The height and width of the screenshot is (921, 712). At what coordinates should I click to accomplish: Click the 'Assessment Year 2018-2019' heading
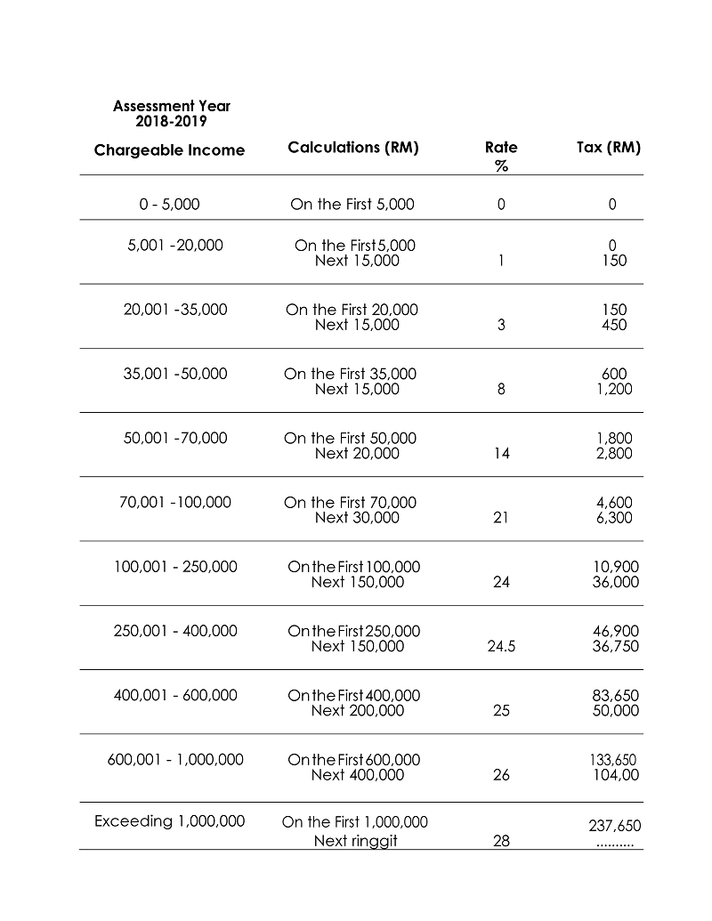172,113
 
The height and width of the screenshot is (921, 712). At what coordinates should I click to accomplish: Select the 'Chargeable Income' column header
169,150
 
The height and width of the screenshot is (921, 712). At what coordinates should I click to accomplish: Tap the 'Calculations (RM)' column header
353,148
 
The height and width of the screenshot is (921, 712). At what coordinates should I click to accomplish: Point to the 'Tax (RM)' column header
609,148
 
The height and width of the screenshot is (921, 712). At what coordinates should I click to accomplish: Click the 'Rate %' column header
501,156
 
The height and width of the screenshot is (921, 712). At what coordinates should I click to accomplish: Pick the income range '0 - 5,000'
169,205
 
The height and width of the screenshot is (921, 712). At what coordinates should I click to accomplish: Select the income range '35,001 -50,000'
175,374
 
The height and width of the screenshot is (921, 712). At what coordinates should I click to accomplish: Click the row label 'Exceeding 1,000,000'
169,820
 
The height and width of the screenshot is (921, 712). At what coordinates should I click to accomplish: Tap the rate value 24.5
501,647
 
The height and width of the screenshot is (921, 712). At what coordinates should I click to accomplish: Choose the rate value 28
501,841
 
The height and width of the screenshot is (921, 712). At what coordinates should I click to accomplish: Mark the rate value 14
501,454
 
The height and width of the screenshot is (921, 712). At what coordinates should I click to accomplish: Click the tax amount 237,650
614,827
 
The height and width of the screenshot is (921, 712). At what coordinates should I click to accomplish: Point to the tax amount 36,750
615,647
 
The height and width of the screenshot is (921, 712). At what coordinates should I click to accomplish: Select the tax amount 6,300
614,518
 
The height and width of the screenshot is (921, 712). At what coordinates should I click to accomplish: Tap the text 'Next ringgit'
355,841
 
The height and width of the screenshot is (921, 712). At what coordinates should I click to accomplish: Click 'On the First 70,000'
350,503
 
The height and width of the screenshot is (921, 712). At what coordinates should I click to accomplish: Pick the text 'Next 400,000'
357,775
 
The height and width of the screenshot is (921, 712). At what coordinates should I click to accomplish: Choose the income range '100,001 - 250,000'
175,567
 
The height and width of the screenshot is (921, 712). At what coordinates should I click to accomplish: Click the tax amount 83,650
615,696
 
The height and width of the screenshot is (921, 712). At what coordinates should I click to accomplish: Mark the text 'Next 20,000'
357,454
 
